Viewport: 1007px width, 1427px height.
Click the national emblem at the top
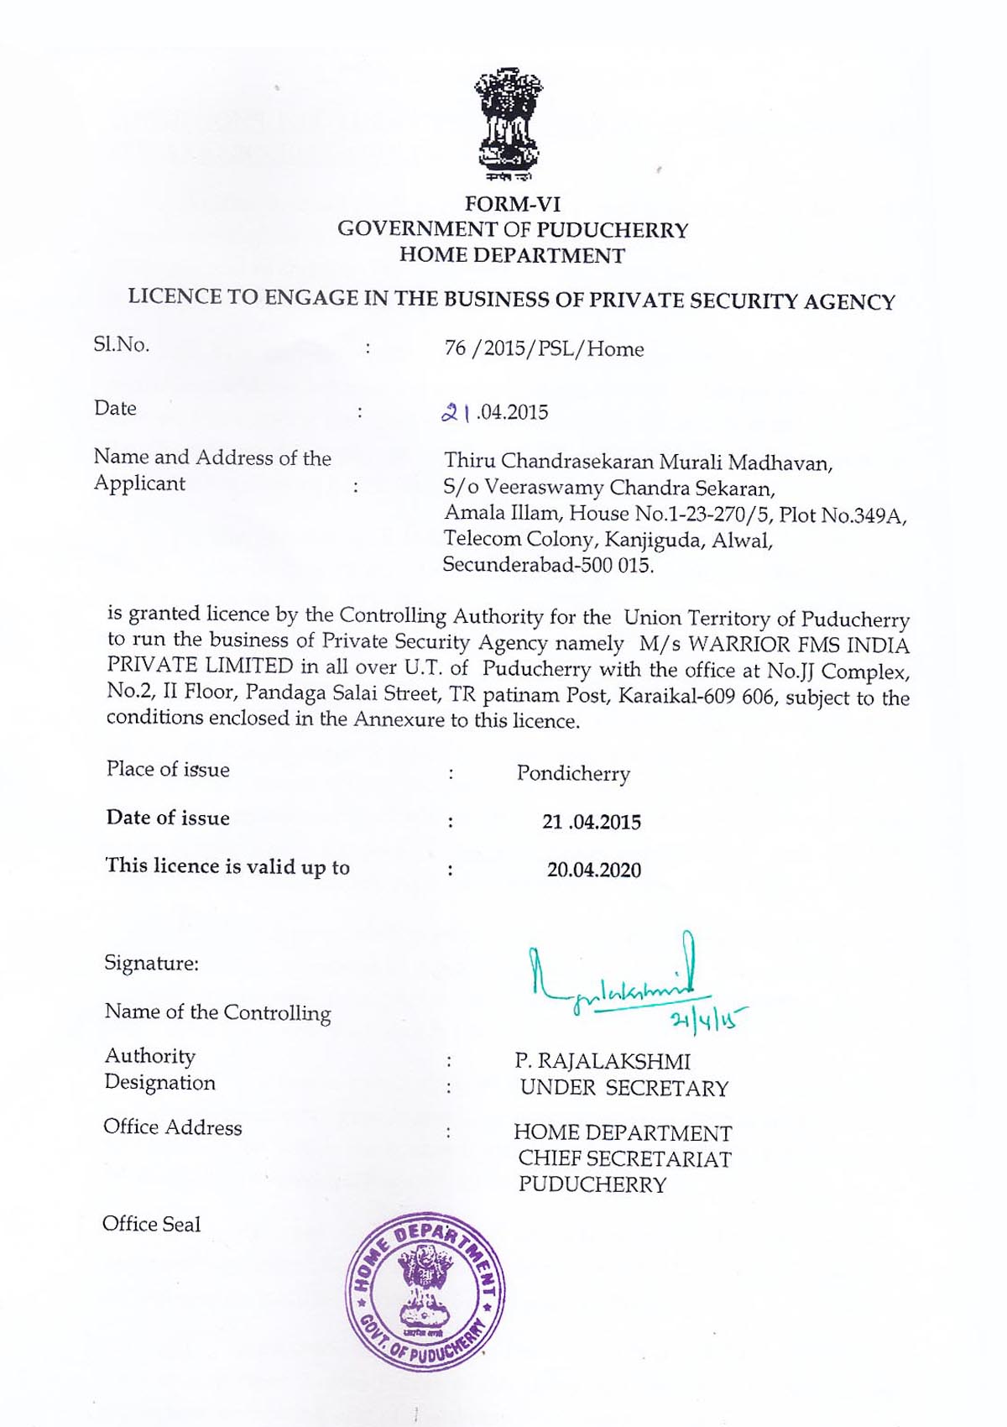pos(509,124)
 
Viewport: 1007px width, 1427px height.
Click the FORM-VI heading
pos(513,204)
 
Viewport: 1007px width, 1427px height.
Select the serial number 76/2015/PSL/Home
pos(544,348)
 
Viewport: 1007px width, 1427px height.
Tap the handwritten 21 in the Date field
pos(454,412)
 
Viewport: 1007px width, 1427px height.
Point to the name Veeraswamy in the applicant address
pos(543,488)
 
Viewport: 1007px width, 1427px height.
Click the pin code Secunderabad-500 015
pos(547,565)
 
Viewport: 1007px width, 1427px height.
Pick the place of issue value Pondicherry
pos(573,773)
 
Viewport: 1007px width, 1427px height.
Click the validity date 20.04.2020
pos(593,870)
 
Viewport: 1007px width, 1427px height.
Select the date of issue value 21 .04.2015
pos(591,822)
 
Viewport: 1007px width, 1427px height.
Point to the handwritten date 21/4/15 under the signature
pos(706,1018)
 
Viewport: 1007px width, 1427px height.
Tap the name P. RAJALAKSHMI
pos(603,1062)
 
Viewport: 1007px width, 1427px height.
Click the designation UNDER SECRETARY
pos(624,1089)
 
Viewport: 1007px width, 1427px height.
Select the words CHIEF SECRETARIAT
pos(624,1159)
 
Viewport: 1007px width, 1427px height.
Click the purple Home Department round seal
pos(425,1290)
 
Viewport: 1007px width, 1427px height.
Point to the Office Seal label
pos(151,1224)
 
